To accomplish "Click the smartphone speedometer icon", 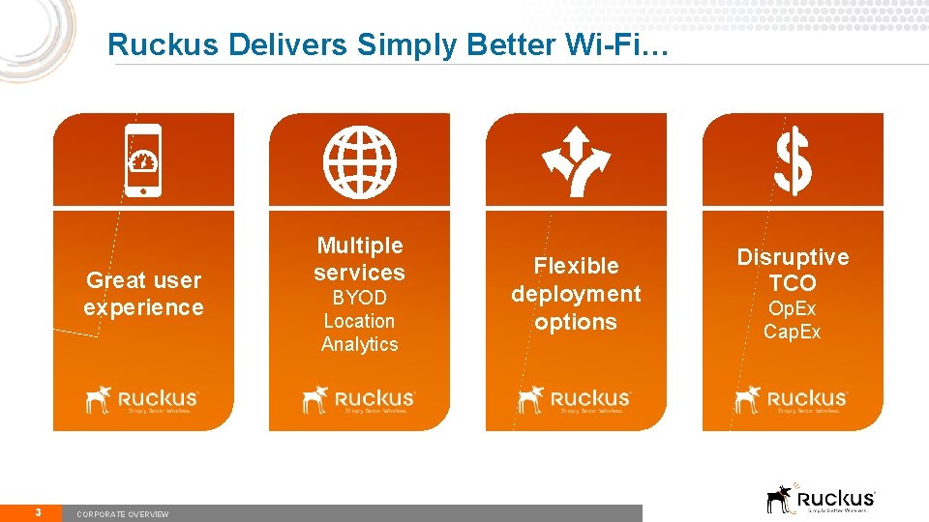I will [x=143, y=159].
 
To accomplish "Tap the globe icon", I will [x=359, y=159].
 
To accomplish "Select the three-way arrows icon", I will [x=576, y=159].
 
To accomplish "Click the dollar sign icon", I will [x=793, y=160].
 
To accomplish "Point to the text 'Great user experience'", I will [x=143, y=294].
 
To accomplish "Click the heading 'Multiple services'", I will [x=359, y=259].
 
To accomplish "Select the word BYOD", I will [x=359, y=298].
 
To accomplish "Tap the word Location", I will [x=359, y=321].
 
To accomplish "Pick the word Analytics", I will [x=359, y=344].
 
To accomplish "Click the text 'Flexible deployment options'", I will [x=576, y=294].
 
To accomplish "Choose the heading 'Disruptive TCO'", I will [x=793, y=270].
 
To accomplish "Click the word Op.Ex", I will [x=793, y=309].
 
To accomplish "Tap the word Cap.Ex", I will [x=793, y=332].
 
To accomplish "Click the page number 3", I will [x=37, y=512].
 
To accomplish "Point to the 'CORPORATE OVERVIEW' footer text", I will [x=122, y=514].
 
